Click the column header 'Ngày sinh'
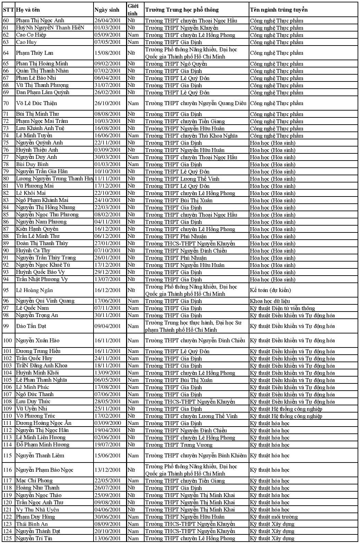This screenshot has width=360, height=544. tap(107, 10)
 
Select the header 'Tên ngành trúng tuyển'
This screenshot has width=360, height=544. tap(278, 10)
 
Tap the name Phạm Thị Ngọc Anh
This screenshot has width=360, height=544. tap(40, 21)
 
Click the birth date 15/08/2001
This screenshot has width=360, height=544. tap(108, 53)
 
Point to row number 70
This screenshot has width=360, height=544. tap(6, 103)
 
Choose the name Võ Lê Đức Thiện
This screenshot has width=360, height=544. tap(36, 103)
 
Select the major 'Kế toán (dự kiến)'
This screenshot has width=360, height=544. tap(270, 290)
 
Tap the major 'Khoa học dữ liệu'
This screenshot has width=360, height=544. tap(270, 301)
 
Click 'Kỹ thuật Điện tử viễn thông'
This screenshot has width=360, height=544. tap(282, 308)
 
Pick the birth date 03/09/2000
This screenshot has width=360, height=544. tap(108, 423)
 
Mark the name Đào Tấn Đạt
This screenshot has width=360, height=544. tap(31, 326)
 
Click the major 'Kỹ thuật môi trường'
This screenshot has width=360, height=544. tap(274, 517)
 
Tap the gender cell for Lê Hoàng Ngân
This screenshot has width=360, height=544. tap(132, 290)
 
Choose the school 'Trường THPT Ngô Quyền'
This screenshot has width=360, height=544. tap(176, 64)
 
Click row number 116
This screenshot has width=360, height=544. tap(7, 470)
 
